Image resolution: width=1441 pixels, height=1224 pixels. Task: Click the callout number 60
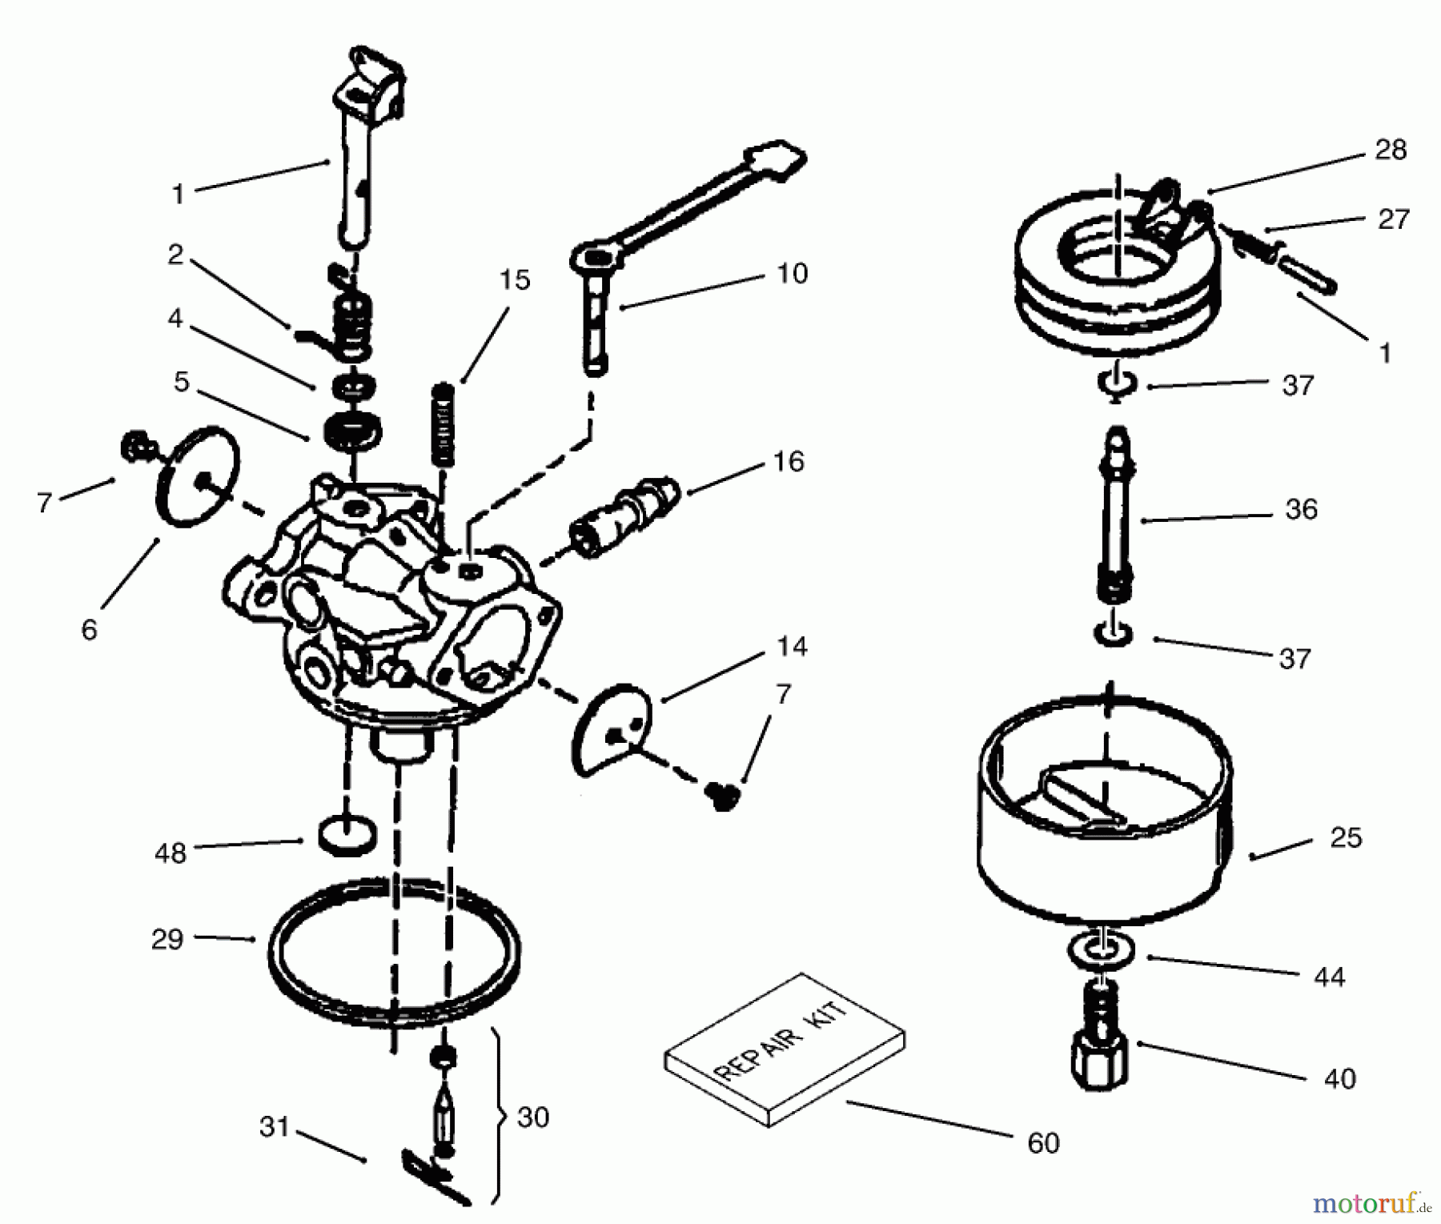click(1042, 1143)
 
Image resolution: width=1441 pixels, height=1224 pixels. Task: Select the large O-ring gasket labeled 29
click(392, 953)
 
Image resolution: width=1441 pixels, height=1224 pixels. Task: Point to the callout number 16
click(788, 462)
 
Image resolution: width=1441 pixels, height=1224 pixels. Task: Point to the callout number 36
click(1300, 509)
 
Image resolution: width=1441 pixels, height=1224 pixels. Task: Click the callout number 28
click(1390, 150)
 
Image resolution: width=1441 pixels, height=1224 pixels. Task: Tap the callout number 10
click(792, 274)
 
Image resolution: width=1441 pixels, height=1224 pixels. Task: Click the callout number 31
click(274, 1126)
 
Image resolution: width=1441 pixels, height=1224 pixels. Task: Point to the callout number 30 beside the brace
click(533, 1117)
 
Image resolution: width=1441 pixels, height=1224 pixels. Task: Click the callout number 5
click(182, 382)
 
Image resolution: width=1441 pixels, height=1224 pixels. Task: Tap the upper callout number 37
click(1298, 385)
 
